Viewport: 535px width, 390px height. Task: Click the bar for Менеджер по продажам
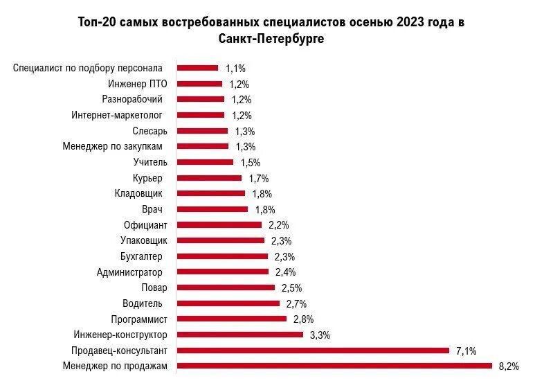pos(334,366)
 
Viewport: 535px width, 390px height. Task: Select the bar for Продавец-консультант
pos(314,351)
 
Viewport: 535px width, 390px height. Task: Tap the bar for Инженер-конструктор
pos(240,335)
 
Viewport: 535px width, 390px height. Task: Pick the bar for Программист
pos(232,319)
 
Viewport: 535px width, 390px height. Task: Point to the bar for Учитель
pos(206,162)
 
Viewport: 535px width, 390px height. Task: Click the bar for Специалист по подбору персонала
pos(198,68)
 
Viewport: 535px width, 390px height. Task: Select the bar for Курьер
pos(210,178)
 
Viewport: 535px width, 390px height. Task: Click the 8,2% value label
pos(508,366)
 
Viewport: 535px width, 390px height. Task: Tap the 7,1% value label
pos(466,351)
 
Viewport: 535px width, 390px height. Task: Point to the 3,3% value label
pos(320,335)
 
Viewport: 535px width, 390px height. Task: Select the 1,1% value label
pos(235,69)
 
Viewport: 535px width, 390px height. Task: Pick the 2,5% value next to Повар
pos(291,288)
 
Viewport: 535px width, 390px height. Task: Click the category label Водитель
pos(143,303)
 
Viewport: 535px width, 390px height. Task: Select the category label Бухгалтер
pos(141,256)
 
